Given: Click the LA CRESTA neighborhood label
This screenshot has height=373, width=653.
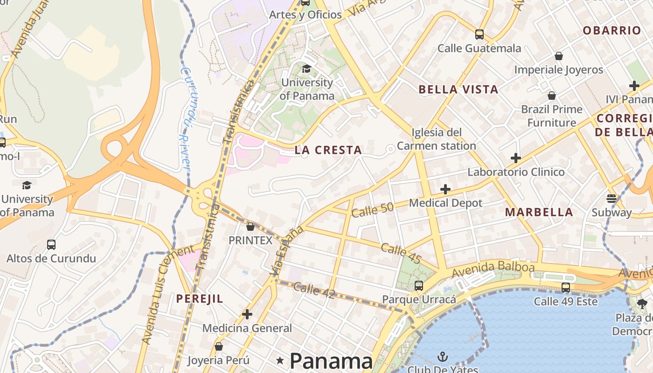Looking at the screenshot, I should pos(328,150).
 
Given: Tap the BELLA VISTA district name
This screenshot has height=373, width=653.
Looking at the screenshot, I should pos(458,90).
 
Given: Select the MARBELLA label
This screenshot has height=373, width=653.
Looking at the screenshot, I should pos(539,212).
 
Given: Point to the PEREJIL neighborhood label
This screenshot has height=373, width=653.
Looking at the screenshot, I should pos(200,298).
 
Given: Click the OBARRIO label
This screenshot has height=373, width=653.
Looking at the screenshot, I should pos(611,31).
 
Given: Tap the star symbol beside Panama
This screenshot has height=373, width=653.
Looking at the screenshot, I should pos(280,360).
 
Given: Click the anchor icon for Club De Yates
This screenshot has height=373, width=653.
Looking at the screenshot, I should pos(442,357).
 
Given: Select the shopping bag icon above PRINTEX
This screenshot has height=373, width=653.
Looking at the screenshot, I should pos(250,227).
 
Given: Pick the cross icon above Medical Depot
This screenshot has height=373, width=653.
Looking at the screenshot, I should pos(445,189).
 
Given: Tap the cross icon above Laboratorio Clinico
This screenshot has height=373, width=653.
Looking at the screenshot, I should pos(515,158).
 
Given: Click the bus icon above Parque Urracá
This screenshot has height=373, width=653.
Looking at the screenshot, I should pos(419,285).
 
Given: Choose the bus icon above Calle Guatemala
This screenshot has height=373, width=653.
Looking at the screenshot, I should pos(479,34).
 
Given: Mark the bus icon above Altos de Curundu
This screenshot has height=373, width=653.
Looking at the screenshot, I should pos(51,244).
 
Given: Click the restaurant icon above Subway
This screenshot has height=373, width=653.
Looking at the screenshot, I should pos(611,199).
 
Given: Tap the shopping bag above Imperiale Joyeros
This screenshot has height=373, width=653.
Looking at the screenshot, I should pos(558,56).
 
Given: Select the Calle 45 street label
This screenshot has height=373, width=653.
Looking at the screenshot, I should pos(401,253).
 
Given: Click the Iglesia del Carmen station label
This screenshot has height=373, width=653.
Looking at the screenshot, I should pos(436,139).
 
